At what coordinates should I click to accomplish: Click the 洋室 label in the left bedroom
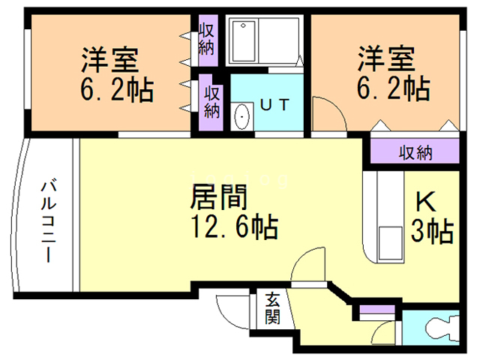pos(114,58)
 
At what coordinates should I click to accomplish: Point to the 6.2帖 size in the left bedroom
pos(116,90)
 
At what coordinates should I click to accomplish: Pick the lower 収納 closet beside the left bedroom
pos(213,101)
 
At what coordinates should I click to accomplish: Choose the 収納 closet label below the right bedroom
pos(414,153)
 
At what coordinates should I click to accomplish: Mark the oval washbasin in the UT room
pos(241,117)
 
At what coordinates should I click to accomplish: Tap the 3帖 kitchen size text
pos(431,231)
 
